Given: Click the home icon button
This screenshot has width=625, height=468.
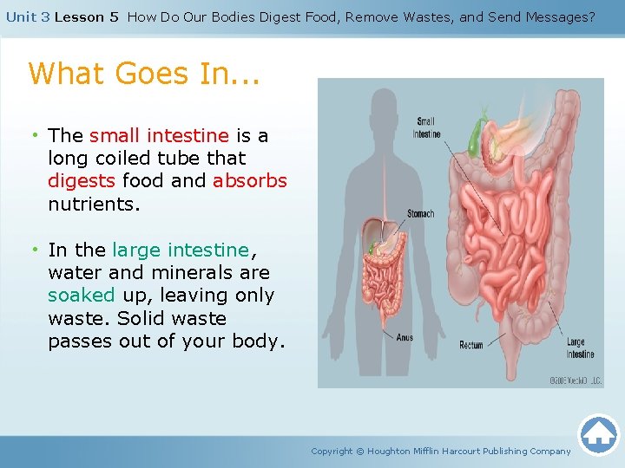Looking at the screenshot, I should (x=598, y=434).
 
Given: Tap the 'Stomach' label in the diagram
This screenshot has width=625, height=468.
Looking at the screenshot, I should (x=421, y=213).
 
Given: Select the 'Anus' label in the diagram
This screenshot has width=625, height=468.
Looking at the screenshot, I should (x=404, y=337).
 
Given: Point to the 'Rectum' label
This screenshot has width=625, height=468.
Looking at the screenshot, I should (x=471, y=345).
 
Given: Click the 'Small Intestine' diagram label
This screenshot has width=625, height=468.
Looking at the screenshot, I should (x=426, y=127).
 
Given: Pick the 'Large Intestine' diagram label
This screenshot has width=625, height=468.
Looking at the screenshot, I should (x=581, y=348).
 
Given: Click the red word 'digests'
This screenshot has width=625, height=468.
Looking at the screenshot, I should (x=82, y=181).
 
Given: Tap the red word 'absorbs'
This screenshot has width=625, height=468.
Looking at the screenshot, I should (x=249, y=181).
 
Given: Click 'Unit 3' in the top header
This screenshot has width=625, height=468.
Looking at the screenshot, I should (x=27, y=16).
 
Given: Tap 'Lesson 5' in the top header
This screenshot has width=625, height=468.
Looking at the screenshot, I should (x=86, y=16).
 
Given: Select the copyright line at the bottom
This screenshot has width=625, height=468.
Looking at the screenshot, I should (x=441, y=451).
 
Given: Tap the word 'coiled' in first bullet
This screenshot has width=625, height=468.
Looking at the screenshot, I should (x=122, y=159).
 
